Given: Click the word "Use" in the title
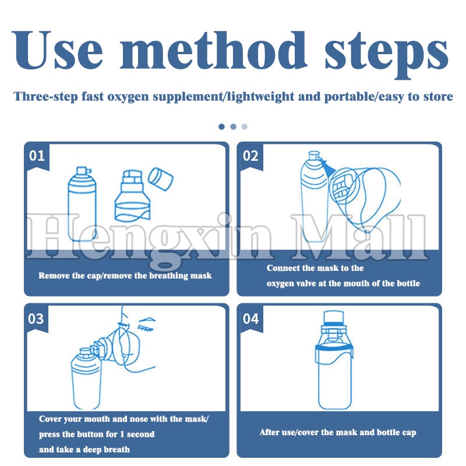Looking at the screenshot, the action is (x=57, y=50).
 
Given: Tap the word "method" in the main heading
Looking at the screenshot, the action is (x=213, y=50).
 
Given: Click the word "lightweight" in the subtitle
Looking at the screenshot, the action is (x=260, y=97).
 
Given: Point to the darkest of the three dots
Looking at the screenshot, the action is (x=221, y=126).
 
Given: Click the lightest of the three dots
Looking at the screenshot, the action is (x=245, y=126).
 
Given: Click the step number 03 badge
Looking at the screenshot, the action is (x=36, y=319).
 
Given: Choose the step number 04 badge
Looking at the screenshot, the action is (x=251, y=319).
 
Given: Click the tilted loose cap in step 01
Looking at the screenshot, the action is (x=161, y=179).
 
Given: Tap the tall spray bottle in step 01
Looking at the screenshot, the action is (x=82, y=204).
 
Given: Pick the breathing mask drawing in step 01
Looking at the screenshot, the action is (x=133, y=196).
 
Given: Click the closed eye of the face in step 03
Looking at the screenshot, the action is (x=146, y=328).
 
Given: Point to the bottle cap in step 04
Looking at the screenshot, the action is (x=333, y=317).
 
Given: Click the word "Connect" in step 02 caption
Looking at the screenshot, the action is (x=283, y=268).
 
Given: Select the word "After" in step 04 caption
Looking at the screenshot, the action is (x=269, y=432).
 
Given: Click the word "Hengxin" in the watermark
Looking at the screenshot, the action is (x=149, y=238).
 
